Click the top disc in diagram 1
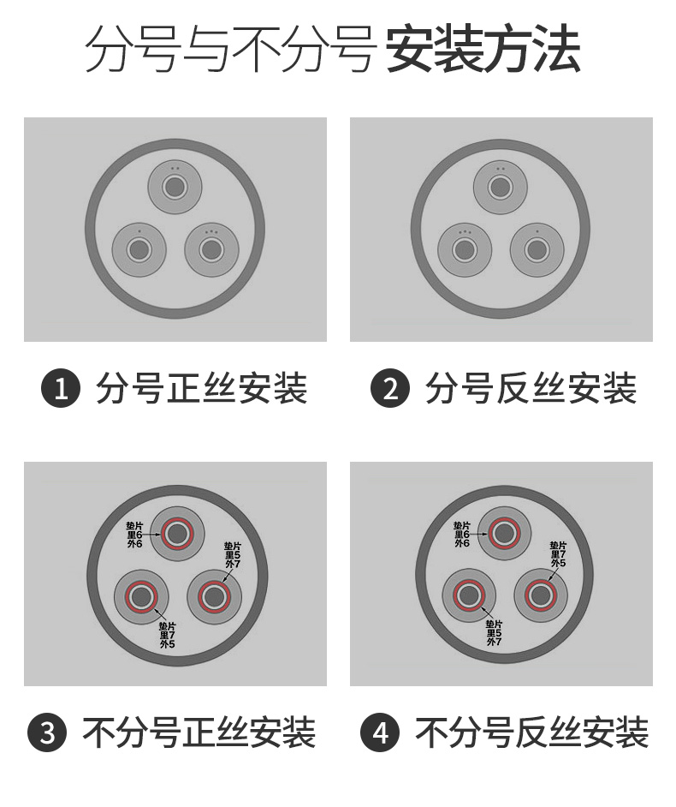coord(175,186)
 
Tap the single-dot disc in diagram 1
coord(139,249)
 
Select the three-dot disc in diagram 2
coord(465,249)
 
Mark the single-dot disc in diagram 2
coord(537,249)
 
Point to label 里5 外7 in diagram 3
coord(232,555)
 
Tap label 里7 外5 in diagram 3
coord(167,636)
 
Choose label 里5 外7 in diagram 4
coord(494,632)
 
